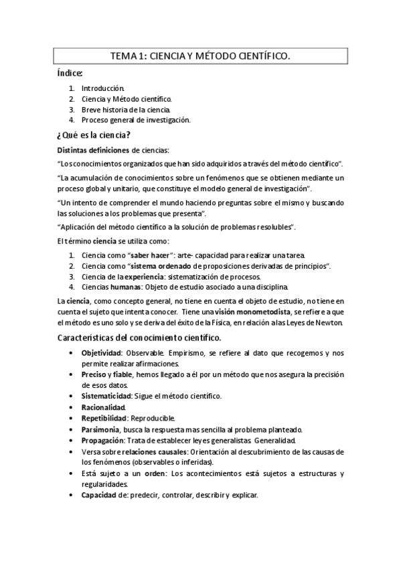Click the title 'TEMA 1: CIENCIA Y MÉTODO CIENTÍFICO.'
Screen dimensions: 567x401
pos(200,58)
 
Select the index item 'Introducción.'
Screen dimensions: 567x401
pos(103,88)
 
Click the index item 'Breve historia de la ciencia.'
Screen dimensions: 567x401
pos(127,110)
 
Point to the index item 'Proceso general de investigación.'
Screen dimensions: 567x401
pos(136,120)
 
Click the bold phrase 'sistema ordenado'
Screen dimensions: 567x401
pos(164,266)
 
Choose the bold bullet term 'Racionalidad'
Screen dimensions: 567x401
pos(102,407)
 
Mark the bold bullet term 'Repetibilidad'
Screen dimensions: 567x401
pos(104,417)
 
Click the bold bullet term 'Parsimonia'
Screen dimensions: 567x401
pos(101,429)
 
